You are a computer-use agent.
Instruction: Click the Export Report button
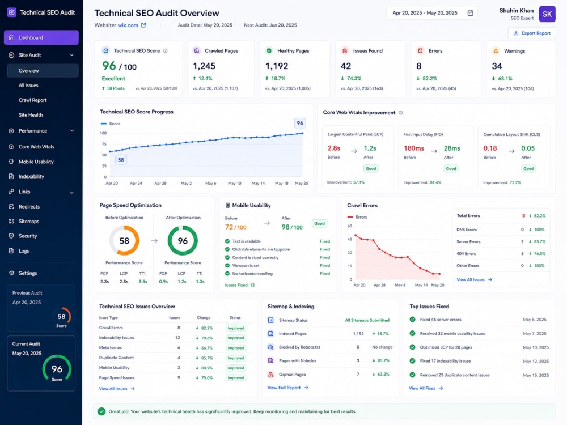click(532, 33)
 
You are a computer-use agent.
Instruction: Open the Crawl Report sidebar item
click(32, 100)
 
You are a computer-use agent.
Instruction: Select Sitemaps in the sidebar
click(29, 221)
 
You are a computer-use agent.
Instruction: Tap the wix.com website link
click(128, 25)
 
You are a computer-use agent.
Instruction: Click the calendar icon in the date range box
click(471, 13)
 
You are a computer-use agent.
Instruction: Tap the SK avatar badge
click(547, 14)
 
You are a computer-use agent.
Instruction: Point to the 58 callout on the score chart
click(121, 160)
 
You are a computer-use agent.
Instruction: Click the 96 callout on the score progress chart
click(300, 123)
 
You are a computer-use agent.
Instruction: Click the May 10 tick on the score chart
click(234, 183)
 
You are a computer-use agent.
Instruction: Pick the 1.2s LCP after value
click(370, 148)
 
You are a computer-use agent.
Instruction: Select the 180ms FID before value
click(414, 148)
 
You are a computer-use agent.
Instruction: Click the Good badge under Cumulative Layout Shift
click(528, 168)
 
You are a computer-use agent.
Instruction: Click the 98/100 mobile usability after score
click(292, 227)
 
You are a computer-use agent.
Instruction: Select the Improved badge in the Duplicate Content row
click(236, 358)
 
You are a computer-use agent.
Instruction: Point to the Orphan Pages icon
click(270, 375)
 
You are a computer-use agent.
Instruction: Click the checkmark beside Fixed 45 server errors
click(412, 320)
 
